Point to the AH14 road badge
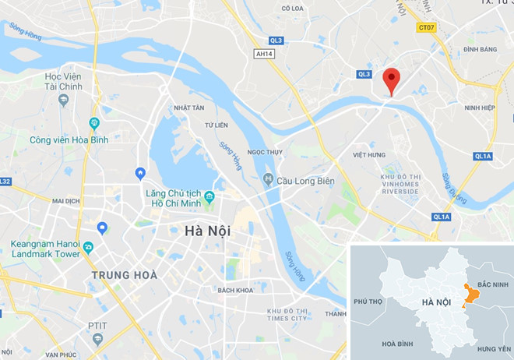pyautogui.click(x=265, y=54)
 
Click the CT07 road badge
pyautogui.click(x=425, y=27)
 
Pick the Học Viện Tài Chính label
pyautogui.click(x=64, y=81)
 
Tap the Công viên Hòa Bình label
pyautogui.click(x=69, y=139)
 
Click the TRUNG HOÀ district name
pyautogui.click(x=125, y=275)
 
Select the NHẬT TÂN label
pyautogui.click(x=188, y=108)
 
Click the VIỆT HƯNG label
pyautogui.click(x=370, y=155)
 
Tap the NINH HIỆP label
pyautogui.click(x=477, y=108)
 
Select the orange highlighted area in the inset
pyautogui.click(x=469, y=295)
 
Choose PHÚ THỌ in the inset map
pyautogui.click(x=371, y=301)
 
